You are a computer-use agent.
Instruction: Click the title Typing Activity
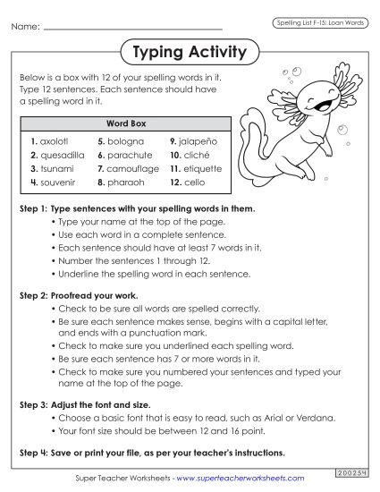tap(189, 52)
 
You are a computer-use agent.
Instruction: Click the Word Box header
tap(126, 123)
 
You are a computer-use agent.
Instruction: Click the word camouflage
tap(132, 167)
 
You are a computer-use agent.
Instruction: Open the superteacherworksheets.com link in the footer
tap(249, 479)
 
